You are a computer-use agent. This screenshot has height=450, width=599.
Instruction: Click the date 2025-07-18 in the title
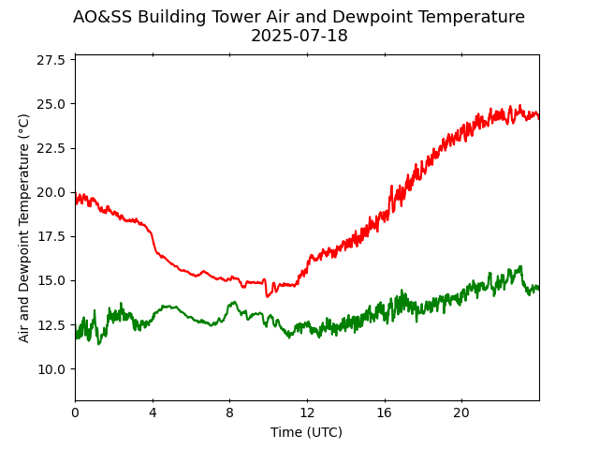coord(299,37)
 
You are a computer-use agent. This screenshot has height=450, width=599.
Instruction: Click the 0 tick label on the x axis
coord(75,413)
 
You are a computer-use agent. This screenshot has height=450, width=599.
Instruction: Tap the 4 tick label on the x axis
coord(153,413)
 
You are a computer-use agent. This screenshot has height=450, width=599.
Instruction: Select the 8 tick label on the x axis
coord(229,413)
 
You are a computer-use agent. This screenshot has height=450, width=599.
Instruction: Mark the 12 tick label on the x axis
coord(307,413)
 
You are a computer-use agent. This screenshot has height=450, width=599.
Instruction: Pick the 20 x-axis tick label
coord(461,413)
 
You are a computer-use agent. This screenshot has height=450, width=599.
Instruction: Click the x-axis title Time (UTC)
coord(306,432)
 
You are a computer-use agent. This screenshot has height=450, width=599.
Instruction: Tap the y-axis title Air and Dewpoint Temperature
coord(24,228)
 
